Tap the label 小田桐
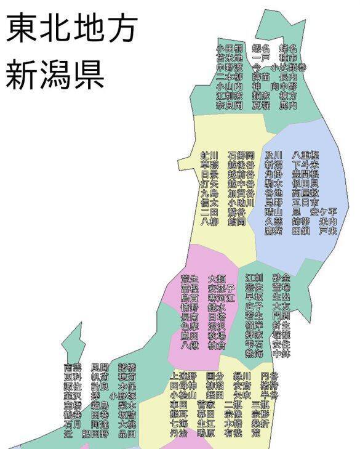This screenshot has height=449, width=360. tap(229, 48)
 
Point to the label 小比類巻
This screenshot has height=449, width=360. tap(288, 67)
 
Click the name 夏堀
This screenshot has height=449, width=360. tap(261, 105)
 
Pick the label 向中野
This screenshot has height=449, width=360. tap(283, 87)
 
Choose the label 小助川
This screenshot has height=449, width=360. tap(241, 203)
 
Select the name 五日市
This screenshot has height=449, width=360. tap(305, 203)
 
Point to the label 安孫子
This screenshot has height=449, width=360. tap(221, 288)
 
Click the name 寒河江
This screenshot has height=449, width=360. tap(221, 297)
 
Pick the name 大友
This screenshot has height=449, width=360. tap(281, 306)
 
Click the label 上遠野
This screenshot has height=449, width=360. tap(183, 376)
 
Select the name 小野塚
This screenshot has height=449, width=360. tap(122, 396)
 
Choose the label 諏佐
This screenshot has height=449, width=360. tap(73, 386)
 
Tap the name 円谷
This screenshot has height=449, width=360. tap(269, 376)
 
